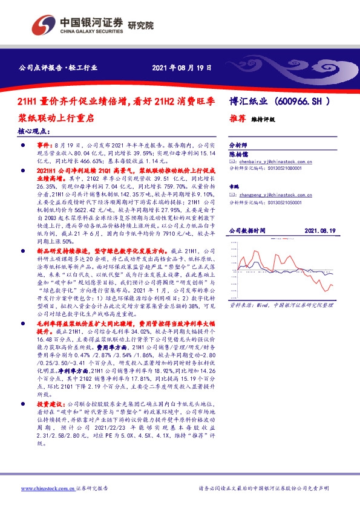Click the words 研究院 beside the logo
point(140,25)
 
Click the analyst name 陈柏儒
point(238,155)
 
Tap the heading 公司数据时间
point(247,231)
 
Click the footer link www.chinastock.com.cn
point(42,488)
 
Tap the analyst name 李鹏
point(234,188)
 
